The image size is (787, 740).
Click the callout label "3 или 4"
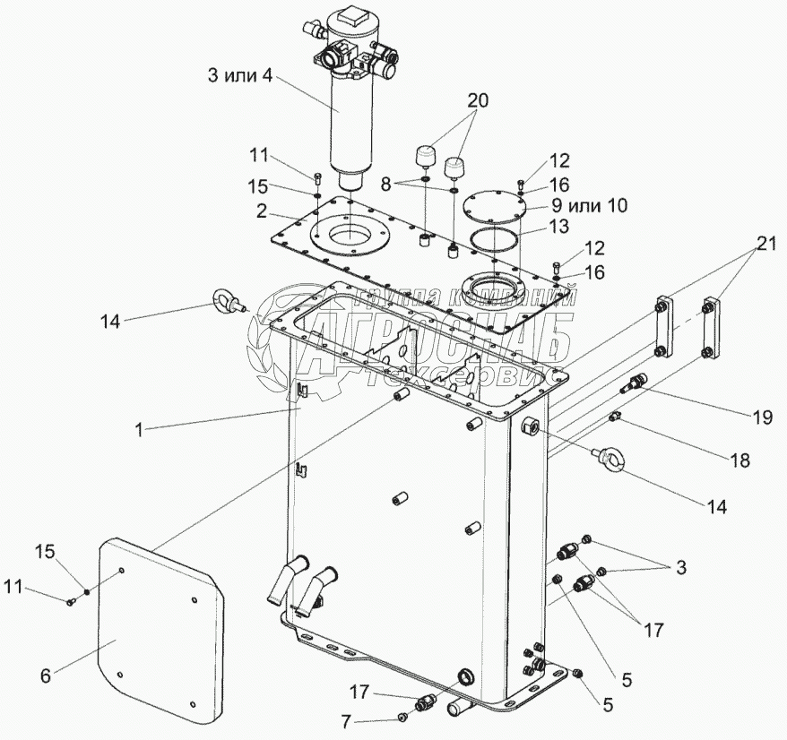click(240, 77)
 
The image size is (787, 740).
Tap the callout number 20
click(478, 101)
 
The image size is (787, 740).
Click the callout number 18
click(740, 460)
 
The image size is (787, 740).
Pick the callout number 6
click(46, 676)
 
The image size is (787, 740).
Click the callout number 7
click(345, 722)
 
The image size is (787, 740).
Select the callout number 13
click(559, 227)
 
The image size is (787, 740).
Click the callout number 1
click(139, 429)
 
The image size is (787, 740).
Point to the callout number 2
click(261, 211)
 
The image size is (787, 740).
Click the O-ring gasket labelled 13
click(495, 241)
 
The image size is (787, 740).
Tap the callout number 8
click(385, 185)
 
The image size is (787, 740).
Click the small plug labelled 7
click(402, 718)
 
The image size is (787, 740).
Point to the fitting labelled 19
click(634, 383)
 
